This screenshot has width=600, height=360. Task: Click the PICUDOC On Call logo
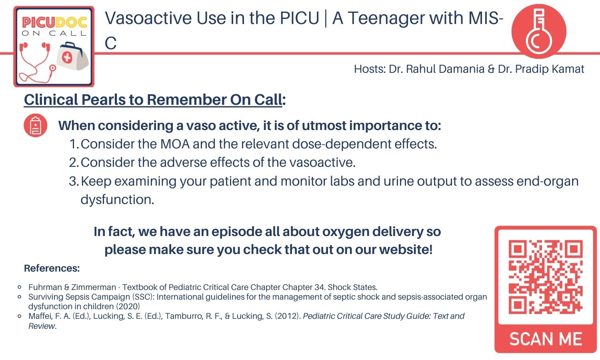click(x=54, y=46)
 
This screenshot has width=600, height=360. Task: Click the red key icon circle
click(x=539, y=31)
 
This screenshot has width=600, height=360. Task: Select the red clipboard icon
click(x=36, y=126)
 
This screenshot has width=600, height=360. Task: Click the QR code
click(x=545, y=276)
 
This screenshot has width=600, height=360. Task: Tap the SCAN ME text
click(x=546, y=339)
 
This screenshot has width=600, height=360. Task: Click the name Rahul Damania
click(x=445, y=69)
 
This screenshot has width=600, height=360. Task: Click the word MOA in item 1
click(x=175, y=144)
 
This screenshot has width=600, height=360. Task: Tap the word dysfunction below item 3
click(x=117, y=199)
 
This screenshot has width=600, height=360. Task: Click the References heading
click(x=52, y=268)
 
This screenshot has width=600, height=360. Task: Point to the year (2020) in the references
click(x=128, y=306)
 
